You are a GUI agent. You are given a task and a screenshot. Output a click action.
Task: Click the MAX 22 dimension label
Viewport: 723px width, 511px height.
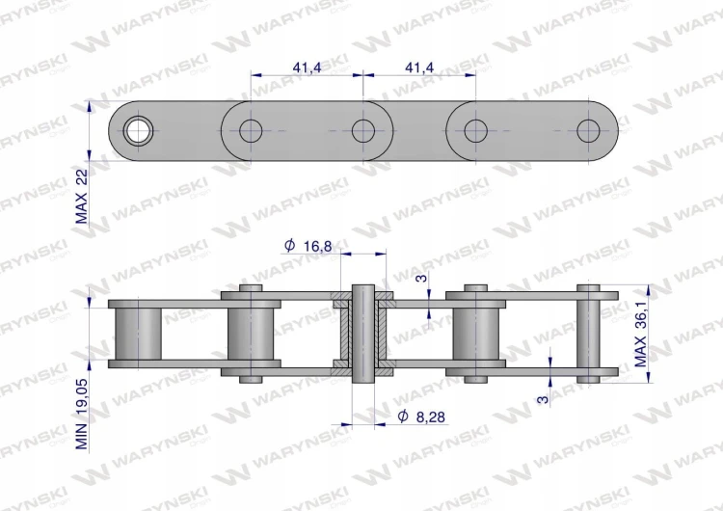(x=82, y=196)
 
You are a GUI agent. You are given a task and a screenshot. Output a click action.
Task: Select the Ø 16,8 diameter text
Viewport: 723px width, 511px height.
(x=308, y=246)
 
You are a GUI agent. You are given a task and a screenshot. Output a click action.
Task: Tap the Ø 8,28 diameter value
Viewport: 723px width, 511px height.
(x=421, y=417)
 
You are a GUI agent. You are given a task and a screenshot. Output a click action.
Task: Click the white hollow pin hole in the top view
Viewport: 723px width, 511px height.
(x=138, y=131)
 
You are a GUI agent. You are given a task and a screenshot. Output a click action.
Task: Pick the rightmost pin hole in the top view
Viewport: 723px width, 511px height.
(x=588, y=131)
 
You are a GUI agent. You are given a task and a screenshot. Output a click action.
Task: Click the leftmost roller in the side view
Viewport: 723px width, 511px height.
(x=138, y=334)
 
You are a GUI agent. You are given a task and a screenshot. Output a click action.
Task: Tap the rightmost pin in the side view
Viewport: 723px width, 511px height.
(x=588, y=334)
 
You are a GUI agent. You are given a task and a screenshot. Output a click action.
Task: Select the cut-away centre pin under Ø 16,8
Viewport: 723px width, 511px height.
(x=363, y=334)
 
